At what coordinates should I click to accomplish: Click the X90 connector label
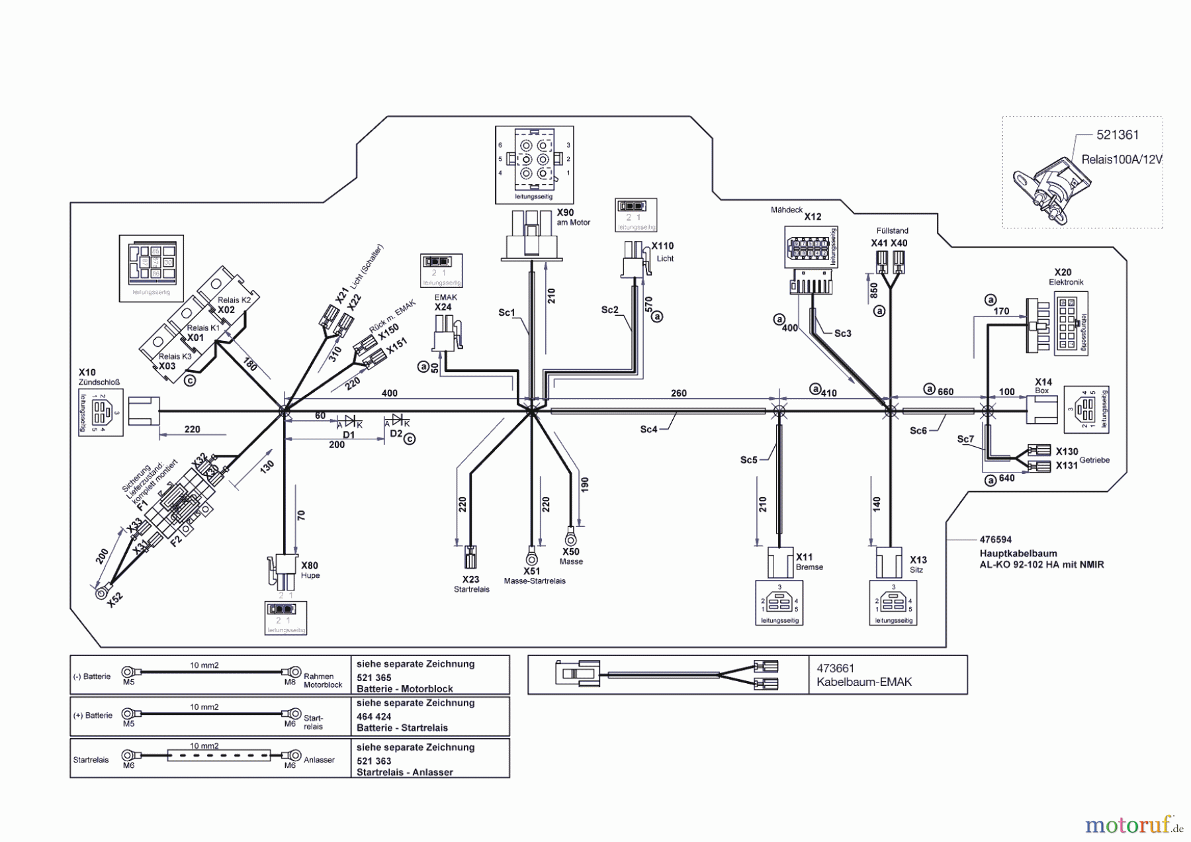click(x=565, y=213)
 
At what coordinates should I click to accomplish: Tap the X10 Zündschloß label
click(x=87, y=377)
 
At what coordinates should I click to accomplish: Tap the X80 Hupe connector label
click(x=310, y=570)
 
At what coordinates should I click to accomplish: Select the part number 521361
click(x=1118, y=135)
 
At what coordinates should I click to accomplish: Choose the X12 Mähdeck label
click(x=812, y=216)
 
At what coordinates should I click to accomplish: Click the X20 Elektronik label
click(x=1063, y=277)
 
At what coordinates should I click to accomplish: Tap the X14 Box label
click(x=1043, y=386)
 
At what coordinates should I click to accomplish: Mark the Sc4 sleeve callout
click(x=648, y=430)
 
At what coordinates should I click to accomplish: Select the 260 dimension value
click(x=679, y=393)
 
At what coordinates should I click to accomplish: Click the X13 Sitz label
click(x=918, y=565)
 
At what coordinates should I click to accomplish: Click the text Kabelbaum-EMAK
click(x=864, y=682)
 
